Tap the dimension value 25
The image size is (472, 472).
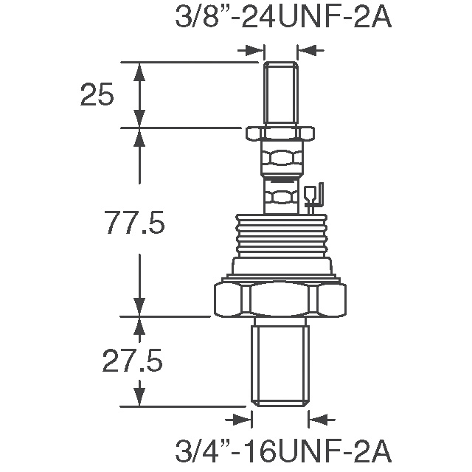tap(97, 95)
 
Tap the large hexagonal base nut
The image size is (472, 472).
tap(280, 299)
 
